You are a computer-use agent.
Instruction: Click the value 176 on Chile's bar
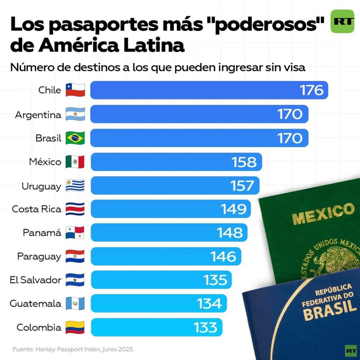click(x=311, y=90)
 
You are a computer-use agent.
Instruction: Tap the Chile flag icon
click(x=75, y=90)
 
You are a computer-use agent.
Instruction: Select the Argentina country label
click(x=38, y=115)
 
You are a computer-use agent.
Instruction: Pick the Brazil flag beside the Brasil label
click(x=75, y=138)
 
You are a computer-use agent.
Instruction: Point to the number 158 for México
click(x=244, y=162)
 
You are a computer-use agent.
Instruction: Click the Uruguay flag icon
click(x=75, y=186)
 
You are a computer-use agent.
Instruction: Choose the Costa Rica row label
click(x=37, y=209)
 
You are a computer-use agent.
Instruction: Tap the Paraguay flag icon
click(x=75, y=257)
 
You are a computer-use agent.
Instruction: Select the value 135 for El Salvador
click(x=216, y=280)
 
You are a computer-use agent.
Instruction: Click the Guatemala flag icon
click(x=75, y=304)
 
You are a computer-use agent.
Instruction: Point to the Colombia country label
click(x=39, y=328)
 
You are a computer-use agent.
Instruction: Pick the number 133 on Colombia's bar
click(x=206, y=328)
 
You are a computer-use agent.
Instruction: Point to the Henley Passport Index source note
click(x=73, y=349)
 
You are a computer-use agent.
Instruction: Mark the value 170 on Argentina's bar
click(x=290, y=114)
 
